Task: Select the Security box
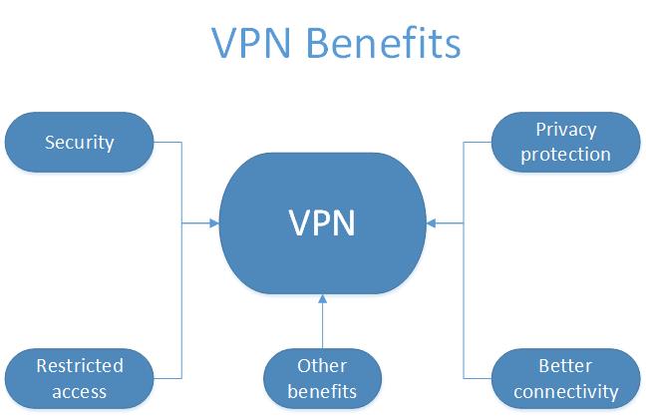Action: coord(80,142)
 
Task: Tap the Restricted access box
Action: coord(80,378)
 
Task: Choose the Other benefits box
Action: coord(322,378)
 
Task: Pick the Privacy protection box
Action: coord(565,142)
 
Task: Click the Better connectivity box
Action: coord(565,378)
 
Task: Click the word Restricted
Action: coord(80,366)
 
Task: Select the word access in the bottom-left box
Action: coord(80,390)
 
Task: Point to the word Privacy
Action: coord(565,130)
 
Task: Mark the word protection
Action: coord(565,154)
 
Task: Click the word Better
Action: coord(565,366)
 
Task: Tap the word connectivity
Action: coord(565,390)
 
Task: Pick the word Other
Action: coord(322,366)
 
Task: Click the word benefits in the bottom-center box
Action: coord(322,390)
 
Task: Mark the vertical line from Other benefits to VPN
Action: coord(322,327)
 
